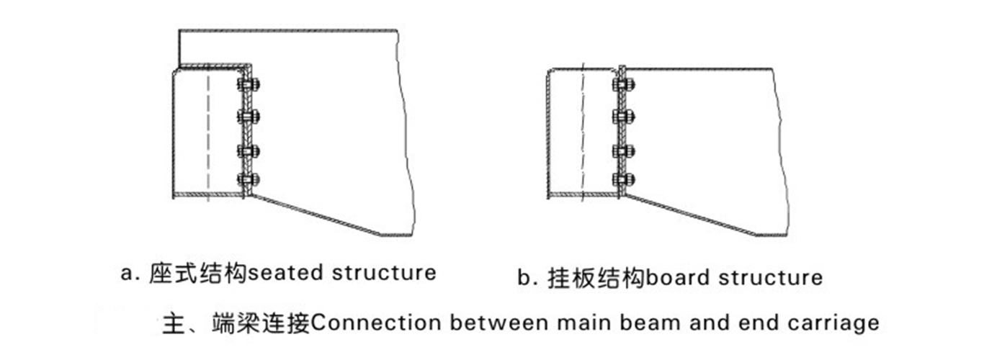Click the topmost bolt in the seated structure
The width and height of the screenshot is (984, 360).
pyautogui.click(x=249, y=84)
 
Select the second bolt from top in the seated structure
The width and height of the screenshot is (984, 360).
pyautogui.click(x=249, y=117)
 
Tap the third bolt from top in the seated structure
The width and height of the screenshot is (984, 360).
pyautogui.click(x=249, y=151)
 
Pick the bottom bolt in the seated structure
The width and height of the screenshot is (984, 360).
pyautogui.click(x=249, y=179)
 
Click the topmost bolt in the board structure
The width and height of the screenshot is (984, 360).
pyautogui.click(x=624, y=84)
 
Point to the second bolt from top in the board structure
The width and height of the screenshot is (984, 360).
pyautogui.click(x=624, y=117)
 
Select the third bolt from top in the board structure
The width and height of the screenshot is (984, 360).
pyautogui.click(x=624, y=151)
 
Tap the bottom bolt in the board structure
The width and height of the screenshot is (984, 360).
pyautogui.click(x=624, y=179)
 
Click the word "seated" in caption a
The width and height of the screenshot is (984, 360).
pyautogui.click(x=286, y=273)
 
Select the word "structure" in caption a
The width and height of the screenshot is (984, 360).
pyautogui.click(x=384, y=273)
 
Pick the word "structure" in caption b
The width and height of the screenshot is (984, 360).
pyautogui.click(x=771, y=278)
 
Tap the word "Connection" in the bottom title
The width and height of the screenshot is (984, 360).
pyautogui.click(x=375, y=323)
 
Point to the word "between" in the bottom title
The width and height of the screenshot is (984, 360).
pyautogui.click(x=499, y=323)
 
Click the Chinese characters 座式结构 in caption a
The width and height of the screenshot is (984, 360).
pyautogui.click(x=199, y=273)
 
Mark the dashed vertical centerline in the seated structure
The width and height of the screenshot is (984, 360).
pyautogui.click(x=208, y=136)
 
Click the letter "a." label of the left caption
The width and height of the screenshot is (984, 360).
pyautogui.click(x=130, y=274)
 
